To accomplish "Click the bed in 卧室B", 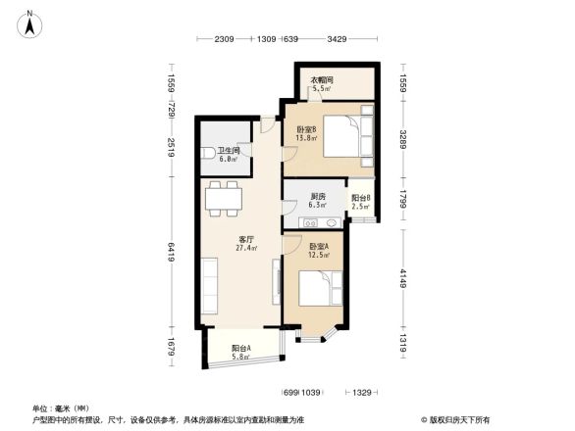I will tap(342, 136).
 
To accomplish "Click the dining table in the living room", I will tap(225, 199).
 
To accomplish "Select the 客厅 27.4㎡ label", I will tap(246, 243).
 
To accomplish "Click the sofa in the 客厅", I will tap(211, 284).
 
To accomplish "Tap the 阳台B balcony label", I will tap(360, 202).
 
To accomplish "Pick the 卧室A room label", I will tap(318, 251).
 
